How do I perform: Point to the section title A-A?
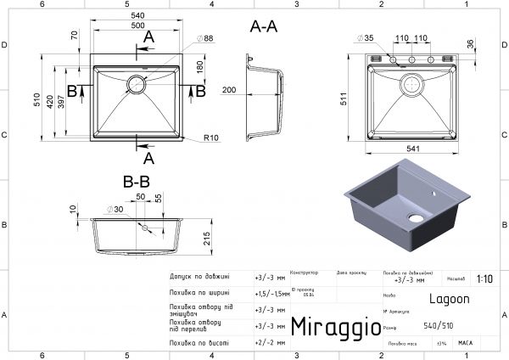pos(264,27)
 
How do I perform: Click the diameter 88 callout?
pos(205,37)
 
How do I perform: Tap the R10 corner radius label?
pos(211,138)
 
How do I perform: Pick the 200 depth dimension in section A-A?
pos(229,89)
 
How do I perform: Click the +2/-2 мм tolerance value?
pos(269,342)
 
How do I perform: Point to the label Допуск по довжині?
pos(199,276)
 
